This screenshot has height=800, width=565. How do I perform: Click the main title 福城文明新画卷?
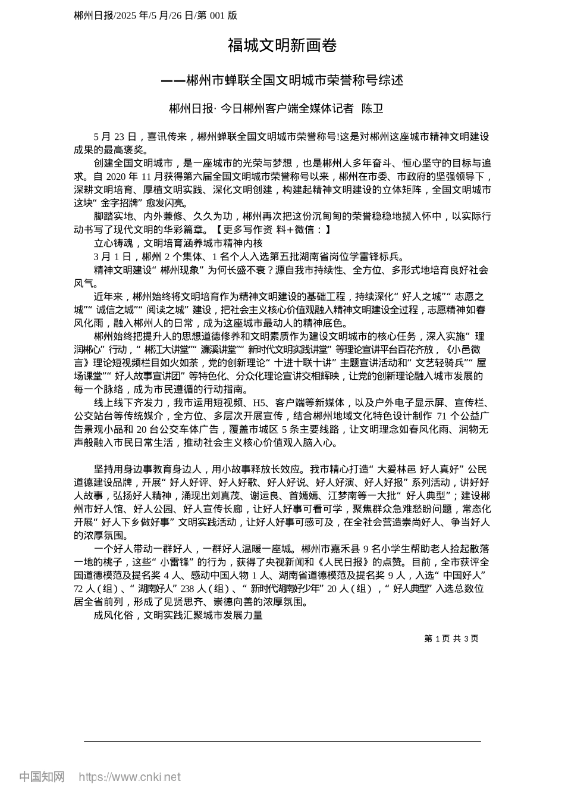(282, 46)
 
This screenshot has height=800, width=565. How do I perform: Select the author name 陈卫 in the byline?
(372, 109)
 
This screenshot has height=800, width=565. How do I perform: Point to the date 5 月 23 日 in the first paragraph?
(115, 137)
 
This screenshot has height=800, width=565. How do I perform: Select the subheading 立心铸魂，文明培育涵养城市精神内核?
(178, 243)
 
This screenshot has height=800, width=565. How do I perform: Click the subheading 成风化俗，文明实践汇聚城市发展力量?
(178, 615)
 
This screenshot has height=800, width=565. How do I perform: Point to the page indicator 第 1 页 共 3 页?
(451, 639)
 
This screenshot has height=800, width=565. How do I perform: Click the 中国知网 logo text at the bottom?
(42, 777)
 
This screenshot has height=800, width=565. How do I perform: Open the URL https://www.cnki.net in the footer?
(129, 777)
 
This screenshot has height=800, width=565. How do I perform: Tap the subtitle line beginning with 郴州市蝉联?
(294, 80)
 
